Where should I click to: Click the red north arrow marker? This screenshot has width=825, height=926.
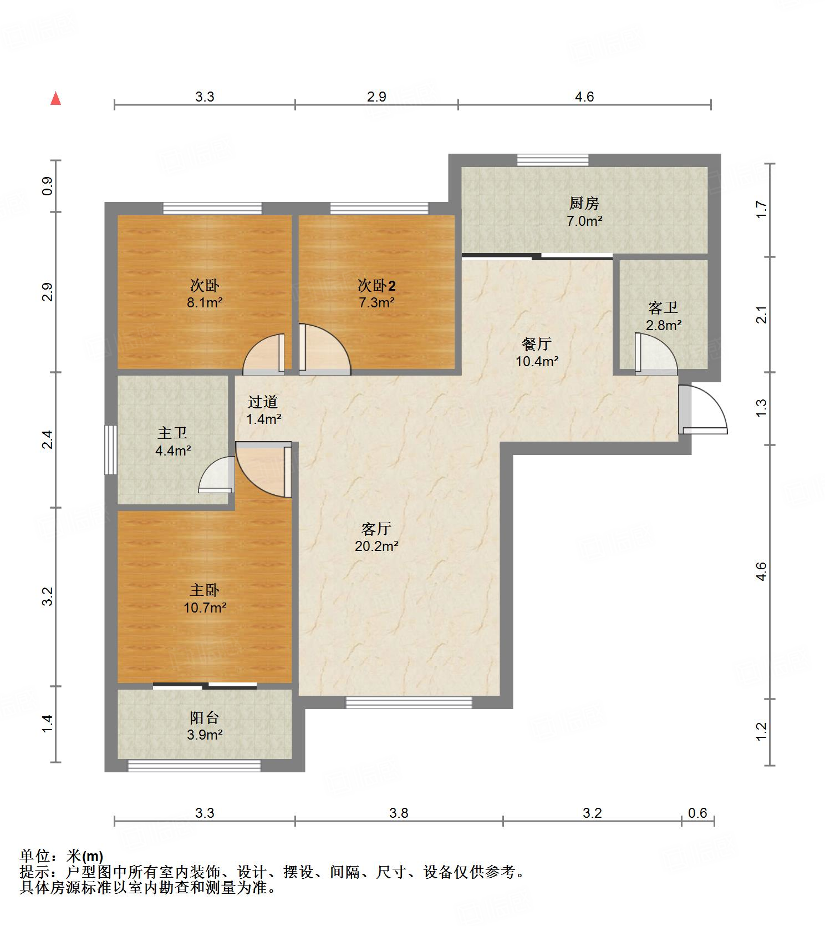point(55,99)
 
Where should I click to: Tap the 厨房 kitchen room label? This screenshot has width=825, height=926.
point(584,204)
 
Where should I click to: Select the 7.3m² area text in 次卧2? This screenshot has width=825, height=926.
point(376,302)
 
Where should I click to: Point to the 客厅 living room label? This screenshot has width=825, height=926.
point(376,529)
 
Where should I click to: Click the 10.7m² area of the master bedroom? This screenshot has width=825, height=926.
point(205,608)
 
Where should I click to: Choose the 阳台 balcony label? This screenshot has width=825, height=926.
point(205,718)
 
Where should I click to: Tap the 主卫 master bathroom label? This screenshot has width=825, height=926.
point(172,433)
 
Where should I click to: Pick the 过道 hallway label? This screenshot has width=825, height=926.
point(263,402)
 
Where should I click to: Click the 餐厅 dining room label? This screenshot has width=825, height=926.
point(536,344)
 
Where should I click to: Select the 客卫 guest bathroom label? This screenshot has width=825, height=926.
point(663,308)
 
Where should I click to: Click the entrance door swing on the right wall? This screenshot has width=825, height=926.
point(702,409)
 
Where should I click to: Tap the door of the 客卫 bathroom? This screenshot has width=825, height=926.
point(656,353)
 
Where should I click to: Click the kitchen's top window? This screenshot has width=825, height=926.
point(553,160)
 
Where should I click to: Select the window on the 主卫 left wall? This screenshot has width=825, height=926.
point(111,449)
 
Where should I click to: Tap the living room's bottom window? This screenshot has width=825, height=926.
point(409,702)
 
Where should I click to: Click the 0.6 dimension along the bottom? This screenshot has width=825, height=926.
point(697,813)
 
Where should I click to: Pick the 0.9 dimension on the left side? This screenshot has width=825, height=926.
point(48,185)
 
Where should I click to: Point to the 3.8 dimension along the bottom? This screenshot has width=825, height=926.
point(399,813)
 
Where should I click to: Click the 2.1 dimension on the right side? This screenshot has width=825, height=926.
point(761,315)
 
